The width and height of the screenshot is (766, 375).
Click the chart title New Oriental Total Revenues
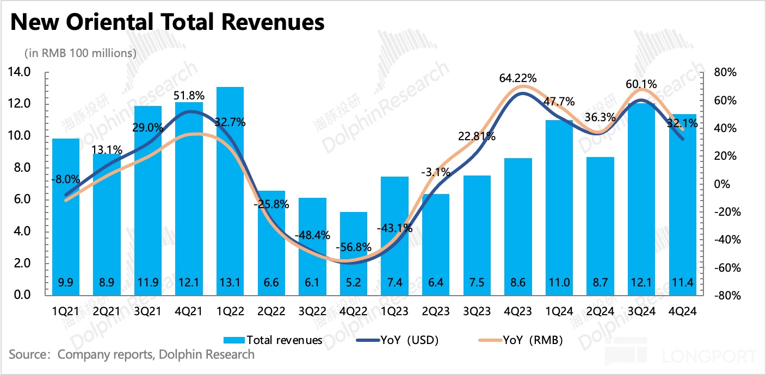pyautogui.click(x=168, y=22)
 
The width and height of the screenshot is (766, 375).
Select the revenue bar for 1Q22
pyautogui.click(x=230, y=190)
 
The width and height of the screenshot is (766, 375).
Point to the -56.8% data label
pyautogui.click(x=353, y=247)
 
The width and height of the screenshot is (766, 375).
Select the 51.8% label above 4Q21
pyautogui.click(x=189, y=96)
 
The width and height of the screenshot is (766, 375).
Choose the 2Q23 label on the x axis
pyautogui.click(x=435, y=312)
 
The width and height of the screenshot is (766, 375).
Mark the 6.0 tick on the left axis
pyautogui.click(x=20, y=199)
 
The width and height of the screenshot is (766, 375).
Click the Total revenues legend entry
pyautogui.click(x=273, y=340)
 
